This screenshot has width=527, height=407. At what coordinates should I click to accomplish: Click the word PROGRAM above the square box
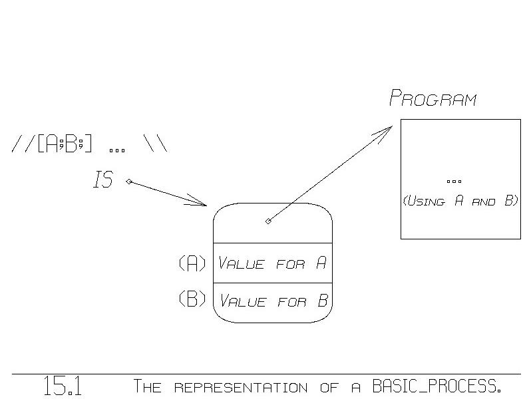(x=433, y=100)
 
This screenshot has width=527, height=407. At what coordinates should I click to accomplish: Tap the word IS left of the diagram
(x=103, y=180)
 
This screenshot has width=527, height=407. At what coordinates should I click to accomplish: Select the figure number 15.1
(x=63, y=386)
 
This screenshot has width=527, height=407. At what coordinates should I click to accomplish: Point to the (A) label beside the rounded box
(x=193, y=263)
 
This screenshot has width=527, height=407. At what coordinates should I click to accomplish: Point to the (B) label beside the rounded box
(x=193, y=300)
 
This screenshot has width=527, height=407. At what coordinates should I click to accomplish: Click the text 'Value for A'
(x=273, y=263)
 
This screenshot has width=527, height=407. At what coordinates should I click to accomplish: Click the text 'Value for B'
(x=273, y=301)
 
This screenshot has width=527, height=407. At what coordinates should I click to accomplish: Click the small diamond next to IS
(x=128, y=181)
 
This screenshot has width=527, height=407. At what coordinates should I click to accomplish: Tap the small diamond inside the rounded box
(x=268, y=221)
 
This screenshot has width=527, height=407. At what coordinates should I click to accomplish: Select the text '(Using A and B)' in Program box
(x=460, y=201)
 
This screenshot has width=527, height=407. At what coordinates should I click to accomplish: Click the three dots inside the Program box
(x=455, y=181)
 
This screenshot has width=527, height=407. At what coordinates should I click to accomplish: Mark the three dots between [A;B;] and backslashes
(x=117, y=149)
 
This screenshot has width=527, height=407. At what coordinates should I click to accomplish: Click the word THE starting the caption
(x=148, y=386)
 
